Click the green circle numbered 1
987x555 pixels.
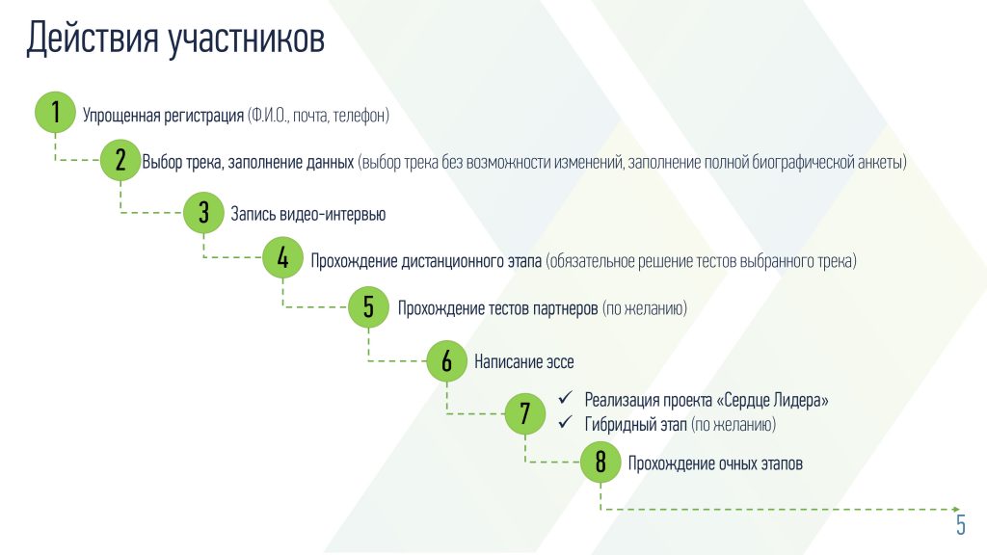click(55, 112)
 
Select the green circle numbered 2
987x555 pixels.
click(120, 160)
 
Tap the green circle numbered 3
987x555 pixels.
click(203, 213)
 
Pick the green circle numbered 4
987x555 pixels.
click(282, 257)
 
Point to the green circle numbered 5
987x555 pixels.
click(368, 307)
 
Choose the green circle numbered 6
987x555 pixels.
click(446, 361)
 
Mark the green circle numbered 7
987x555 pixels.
click(525, 413)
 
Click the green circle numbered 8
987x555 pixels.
click(600, 462)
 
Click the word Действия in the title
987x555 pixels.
click(93, 39)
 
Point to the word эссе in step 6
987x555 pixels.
click(560, 362)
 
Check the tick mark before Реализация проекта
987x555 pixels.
click(565, 398)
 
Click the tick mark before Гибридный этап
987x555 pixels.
click(565, 422)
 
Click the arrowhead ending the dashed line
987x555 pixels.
click(956, 509)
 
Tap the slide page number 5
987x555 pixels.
click(961, 524)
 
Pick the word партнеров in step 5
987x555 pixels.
click(565, 309)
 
